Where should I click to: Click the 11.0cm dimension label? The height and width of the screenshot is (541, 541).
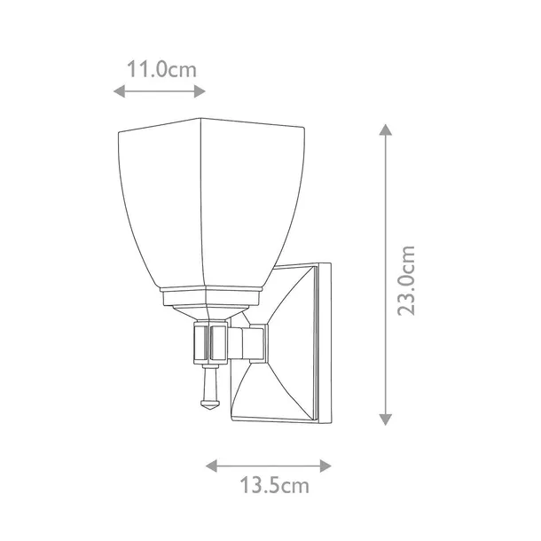[x=161, y=69]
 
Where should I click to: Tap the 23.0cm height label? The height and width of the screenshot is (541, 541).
[x=405, y=281]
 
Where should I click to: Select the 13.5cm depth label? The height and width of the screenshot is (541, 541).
[x=275, y=485]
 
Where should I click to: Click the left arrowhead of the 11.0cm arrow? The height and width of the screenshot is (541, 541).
[x=120, y=91]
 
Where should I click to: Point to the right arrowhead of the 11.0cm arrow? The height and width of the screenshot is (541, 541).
[x=200, y=91]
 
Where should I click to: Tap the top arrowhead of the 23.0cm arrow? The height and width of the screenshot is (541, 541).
[x=386, y=129]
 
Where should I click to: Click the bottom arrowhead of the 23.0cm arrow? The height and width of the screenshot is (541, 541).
[x=386, y=419]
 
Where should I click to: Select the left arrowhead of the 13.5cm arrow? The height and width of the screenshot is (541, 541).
[x=211, y=466]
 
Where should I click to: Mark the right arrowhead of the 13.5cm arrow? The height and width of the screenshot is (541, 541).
[x=325, y=466]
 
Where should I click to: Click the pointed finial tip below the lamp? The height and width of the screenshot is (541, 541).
[x=210, y=409]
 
